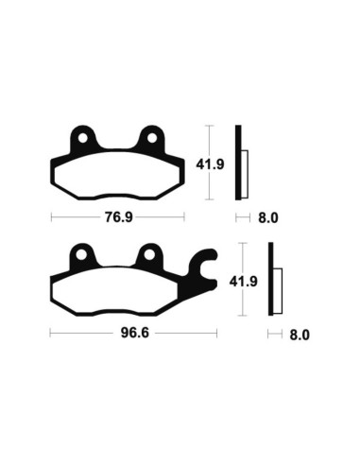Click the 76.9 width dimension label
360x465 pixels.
click(117, 217)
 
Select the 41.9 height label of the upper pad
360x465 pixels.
click(222, 162)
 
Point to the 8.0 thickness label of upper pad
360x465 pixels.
click(268, 218)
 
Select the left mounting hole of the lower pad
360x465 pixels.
click(82, 256)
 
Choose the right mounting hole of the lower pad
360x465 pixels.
click(148, 256)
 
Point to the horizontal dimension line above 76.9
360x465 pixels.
click(118, 217)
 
